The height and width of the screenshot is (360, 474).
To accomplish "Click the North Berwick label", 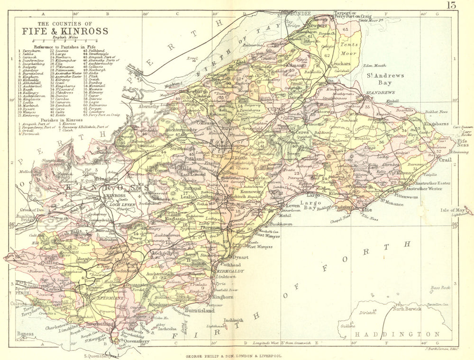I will coord(409,309).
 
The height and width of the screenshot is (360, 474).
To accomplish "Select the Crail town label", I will coord(446,160).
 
